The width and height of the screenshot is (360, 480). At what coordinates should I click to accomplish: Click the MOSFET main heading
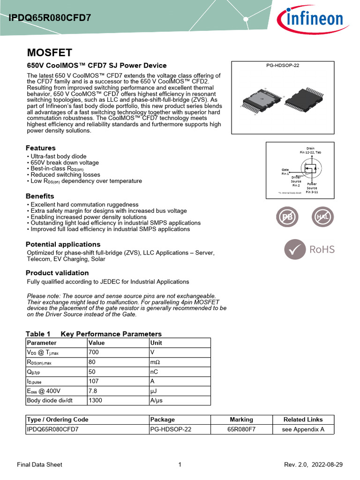click(x=49, y=52)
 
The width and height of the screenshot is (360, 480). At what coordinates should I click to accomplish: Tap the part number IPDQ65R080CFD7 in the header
click(x=49, y=18)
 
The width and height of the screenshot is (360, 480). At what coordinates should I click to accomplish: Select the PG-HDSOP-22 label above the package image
click(x=283, y=66)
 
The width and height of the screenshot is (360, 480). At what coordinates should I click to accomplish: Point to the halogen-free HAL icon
click(x=323, y=217)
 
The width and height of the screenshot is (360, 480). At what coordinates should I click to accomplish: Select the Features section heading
click(x=40, y=148)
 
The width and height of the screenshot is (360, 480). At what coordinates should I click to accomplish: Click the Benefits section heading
click(x=40, y=196)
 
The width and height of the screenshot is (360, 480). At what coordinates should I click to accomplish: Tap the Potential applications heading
click(x=63, y=244)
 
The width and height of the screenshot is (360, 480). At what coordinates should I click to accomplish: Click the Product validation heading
click(x=57, y=273)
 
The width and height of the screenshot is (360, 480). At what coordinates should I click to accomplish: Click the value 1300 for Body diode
click(x=97, y=400)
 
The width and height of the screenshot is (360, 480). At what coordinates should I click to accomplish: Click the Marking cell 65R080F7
click(x=241, y=429)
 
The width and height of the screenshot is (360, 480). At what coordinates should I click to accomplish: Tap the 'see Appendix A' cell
click(x=303, y=429)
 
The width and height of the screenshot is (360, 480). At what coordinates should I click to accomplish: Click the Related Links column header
click(x=303, y=420)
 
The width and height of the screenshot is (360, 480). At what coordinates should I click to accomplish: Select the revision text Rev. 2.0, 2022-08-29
click(x=313, y=465)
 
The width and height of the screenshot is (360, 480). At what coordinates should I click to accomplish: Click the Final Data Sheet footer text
click(x=39, y=465)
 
